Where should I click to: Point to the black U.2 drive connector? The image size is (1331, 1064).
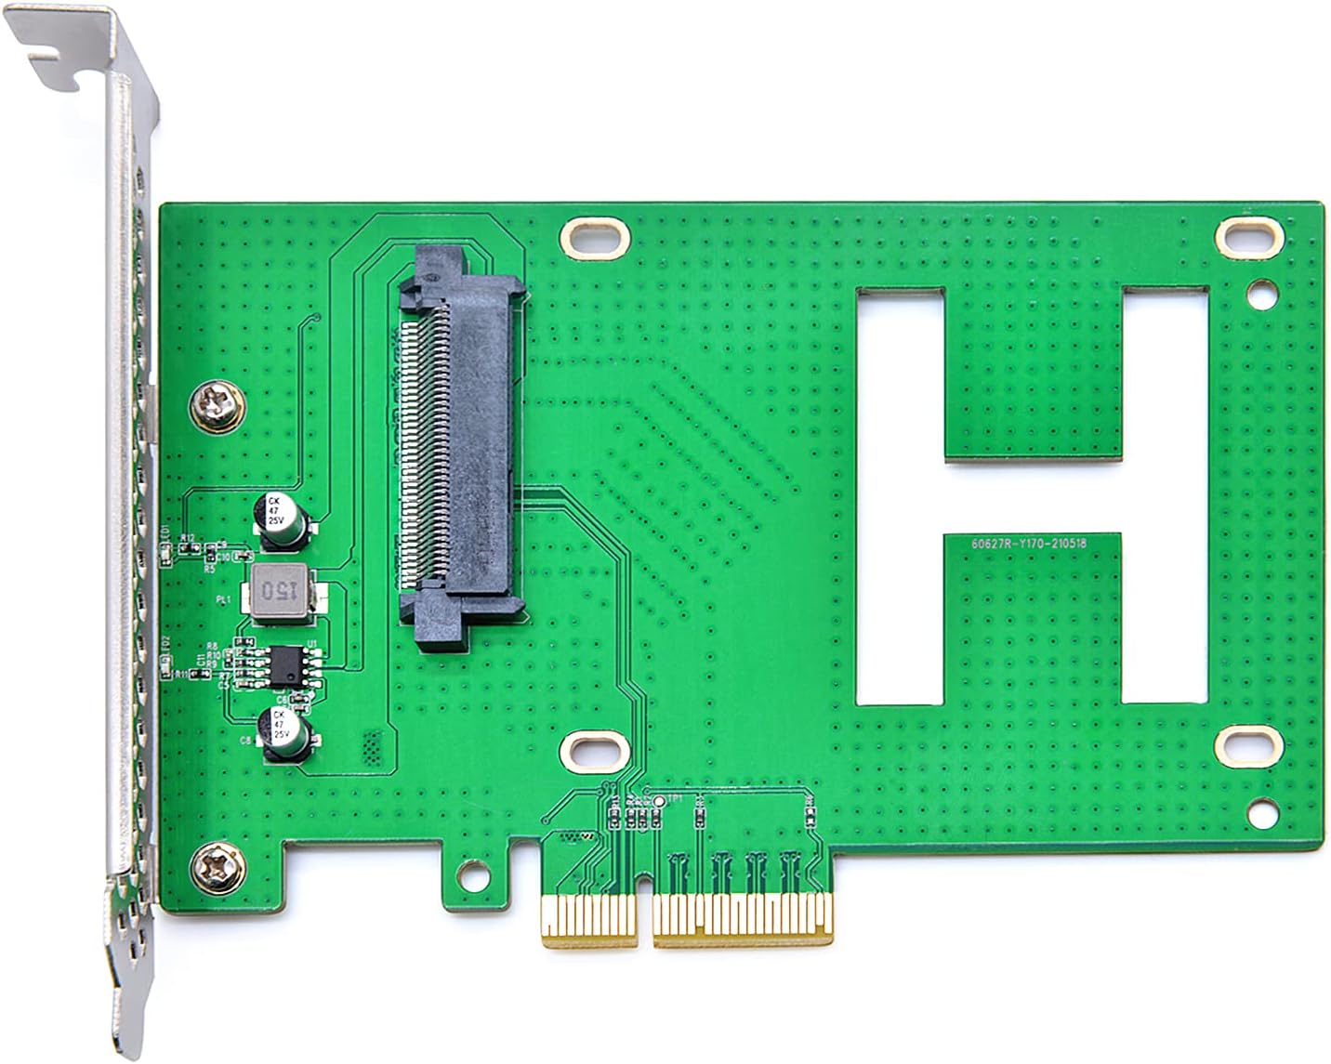point(459,446)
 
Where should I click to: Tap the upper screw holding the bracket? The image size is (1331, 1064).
point(218,407)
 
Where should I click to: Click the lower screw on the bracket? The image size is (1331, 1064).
point(218,868)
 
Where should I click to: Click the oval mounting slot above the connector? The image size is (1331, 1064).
point(592,238)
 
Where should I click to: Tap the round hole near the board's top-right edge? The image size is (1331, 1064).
point(1261,296)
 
